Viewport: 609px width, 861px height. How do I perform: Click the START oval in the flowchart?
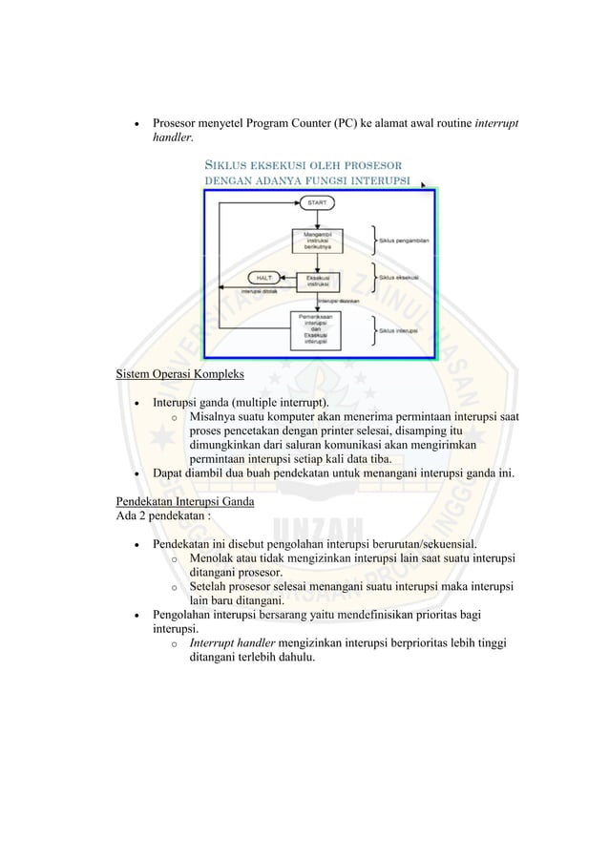316,203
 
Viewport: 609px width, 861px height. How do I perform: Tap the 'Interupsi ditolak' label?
260,291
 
